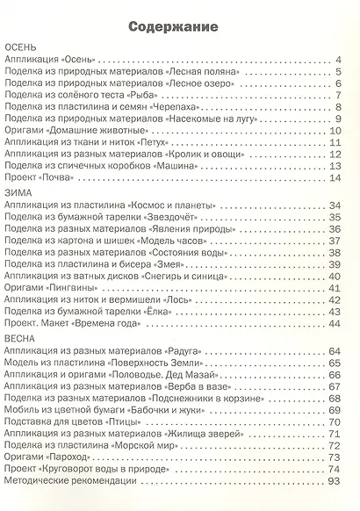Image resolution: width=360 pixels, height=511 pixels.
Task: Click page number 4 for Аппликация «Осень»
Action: (337, 61)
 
